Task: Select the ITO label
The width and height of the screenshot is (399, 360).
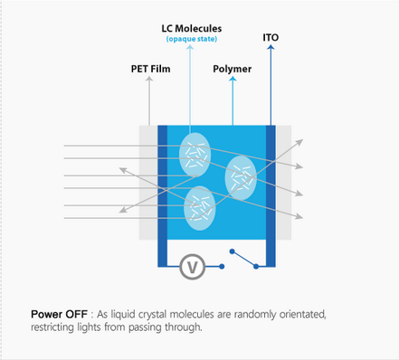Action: [271, 38]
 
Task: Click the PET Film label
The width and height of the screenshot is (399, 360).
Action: [150, 68]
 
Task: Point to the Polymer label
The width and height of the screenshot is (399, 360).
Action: [233, 68]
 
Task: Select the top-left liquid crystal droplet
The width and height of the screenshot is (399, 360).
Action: [194, 153]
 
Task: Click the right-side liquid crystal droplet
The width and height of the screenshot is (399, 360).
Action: [241, 177]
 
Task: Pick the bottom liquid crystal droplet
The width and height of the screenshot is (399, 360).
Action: [199, 207]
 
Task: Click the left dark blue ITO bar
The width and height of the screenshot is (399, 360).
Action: [162, 194]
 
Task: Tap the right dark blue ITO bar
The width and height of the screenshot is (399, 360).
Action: [270, 194]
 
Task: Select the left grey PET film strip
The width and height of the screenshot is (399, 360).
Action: [147, 182]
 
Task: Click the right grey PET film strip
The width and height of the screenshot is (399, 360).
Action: [283, 182]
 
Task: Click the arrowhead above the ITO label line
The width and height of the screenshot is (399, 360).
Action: [271, 48]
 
